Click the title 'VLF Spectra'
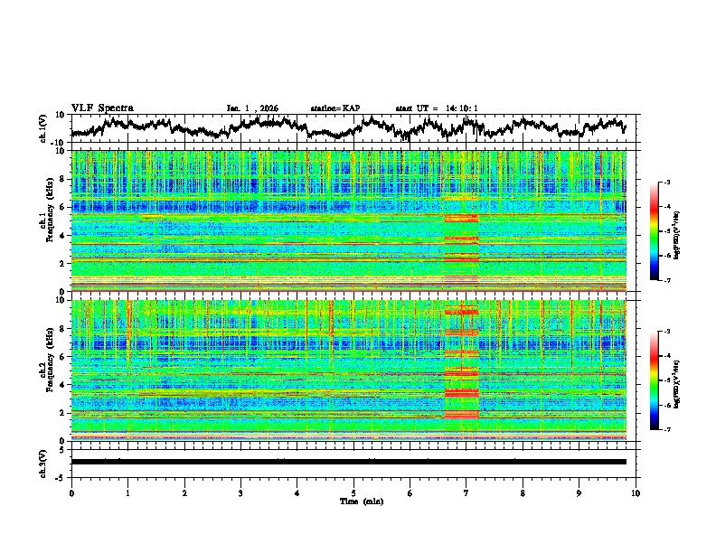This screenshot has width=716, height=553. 102,108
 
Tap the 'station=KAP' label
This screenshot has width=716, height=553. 334,108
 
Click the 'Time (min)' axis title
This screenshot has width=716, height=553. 353,501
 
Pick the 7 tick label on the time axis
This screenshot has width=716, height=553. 466,493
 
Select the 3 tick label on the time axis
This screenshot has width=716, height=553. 240,493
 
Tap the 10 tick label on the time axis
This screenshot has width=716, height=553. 636,493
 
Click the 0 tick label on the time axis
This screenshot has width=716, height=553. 71,493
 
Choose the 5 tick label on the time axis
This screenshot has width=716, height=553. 353,493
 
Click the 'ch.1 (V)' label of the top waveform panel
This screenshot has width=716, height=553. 44,128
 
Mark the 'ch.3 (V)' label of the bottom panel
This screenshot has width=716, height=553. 44,462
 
